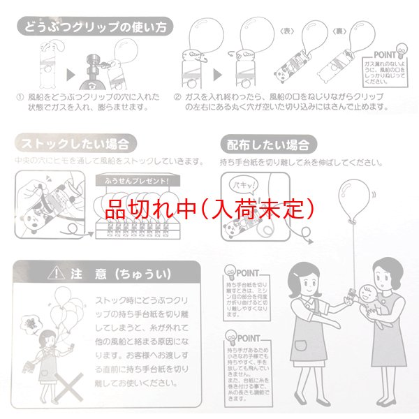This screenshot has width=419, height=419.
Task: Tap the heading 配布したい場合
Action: point(270,145)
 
